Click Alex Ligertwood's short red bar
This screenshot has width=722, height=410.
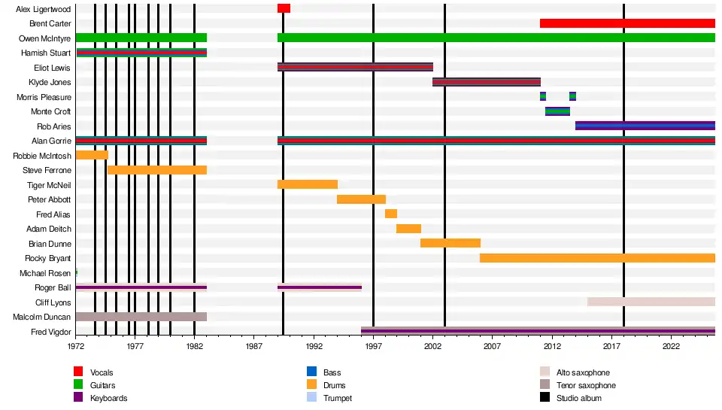(x=284, y=8)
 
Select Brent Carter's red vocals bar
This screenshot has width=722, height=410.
(x=627, y=23)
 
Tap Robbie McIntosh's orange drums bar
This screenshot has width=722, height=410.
(x=92, y=156)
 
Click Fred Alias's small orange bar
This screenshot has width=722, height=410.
(x=391, y=214)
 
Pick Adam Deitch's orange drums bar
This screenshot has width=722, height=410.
(x=408, y=229)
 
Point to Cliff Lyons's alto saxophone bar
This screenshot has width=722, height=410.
(x=651, y=302)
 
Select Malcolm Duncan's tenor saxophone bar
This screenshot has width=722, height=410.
(x=141, y=317)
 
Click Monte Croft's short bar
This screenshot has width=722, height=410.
(x=557, y=111)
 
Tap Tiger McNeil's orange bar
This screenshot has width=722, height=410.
(x=307, y=184)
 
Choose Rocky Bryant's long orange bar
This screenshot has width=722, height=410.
(x=597, y=258)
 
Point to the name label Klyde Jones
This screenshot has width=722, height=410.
(x=50, y=82)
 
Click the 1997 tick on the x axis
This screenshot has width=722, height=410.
(x=374, y=346)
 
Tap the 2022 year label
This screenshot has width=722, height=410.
(x=672, y=346)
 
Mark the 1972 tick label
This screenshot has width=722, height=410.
(x=76, y=346)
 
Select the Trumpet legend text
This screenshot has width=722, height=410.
(x=337, y=398)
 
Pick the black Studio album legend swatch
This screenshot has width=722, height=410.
(x=545, y=398)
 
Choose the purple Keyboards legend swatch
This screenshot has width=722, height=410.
(x=78, y=398)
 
